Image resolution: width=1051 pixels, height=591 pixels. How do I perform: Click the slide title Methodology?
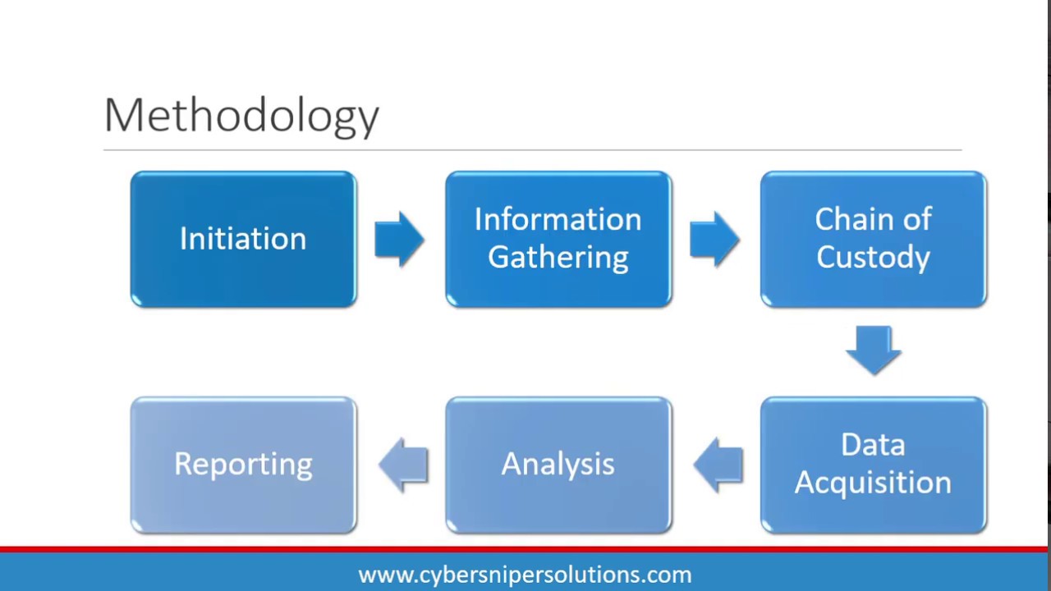241,115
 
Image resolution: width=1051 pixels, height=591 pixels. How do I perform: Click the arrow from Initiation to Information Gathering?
399,239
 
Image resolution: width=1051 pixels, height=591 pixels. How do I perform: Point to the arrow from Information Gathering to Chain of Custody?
714,239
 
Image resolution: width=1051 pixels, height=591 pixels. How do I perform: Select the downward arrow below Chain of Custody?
873,350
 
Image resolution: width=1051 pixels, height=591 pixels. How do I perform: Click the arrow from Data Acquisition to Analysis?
718,465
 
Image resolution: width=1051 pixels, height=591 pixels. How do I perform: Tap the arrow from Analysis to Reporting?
404,465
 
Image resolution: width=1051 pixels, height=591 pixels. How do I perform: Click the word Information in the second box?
558,219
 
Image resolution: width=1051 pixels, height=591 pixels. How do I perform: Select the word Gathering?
558,257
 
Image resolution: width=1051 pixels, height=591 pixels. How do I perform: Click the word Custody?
873,257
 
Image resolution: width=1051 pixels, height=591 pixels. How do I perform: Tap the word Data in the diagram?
873,445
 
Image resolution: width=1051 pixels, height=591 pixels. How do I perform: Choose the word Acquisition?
873,483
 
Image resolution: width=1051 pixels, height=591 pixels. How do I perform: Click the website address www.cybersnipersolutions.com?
525,575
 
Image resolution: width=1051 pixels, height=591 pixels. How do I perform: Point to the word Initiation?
243,239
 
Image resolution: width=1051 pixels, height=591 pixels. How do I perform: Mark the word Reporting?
243,465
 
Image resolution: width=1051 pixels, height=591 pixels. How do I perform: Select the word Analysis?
558,465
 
